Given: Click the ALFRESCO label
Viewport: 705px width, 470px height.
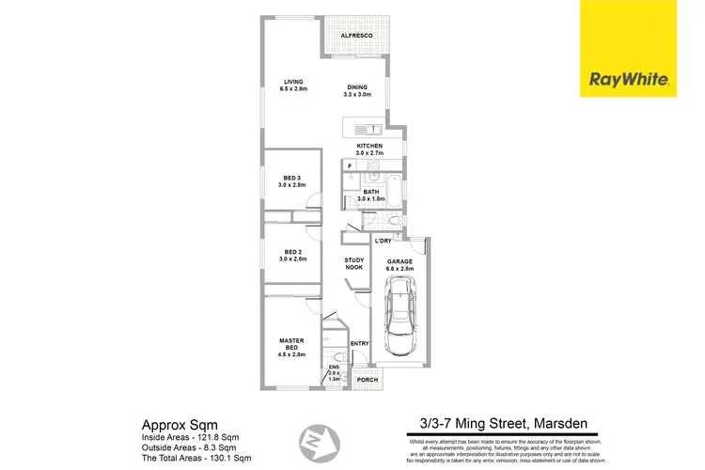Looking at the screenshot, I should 356,36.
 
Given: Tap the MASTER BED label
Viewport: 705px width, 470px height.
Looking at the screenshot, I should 291,344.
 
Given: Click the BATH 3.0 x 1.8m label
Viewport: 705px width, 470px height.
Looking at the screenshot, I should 371,196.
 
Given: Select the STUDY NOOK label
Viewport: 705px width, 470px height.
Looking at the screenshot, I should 353,264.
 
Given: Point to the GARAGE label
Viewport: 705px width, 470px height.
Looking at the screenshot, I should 399,264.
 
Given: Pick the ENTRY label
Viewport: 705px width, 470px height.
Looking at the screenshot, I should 360,344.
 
